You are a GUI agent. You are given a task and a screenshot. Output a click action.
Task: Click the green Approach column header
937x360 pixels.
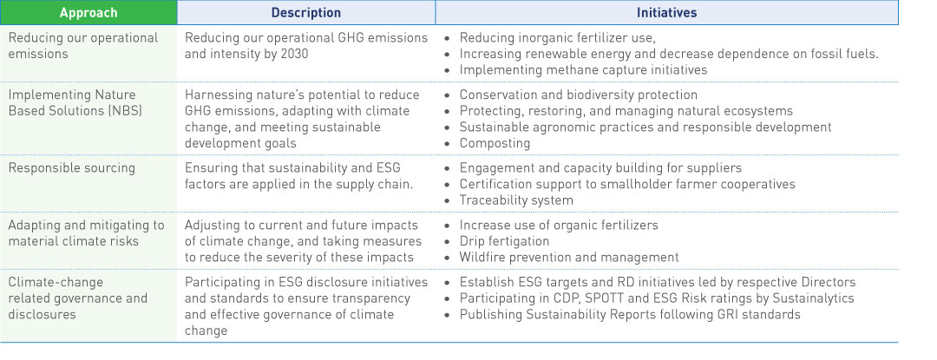click(x=88, y=12)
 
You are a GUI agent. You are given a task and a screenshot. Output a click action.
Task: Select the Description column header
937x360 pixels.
click(x=306, y=12)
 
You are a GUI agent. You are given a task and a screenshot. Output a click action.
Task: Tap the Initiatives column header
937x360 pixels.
click(x=666, y=12)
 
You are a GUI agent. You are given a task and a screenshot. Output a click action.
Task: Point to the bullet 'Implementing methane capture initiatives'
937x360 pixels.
click(x=583, y=70)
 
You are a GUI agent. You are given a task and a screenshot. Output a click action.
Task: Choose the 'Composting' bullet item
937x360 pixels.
click(x=487, y=143)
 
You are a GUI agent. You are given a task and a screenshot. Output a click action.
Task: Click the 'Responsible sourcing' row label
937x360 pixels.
click(x=72, y=167)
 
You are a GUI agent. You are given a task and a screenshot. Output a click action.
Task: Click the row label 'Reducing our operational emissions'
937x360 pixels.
click(x=83, y=45)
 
